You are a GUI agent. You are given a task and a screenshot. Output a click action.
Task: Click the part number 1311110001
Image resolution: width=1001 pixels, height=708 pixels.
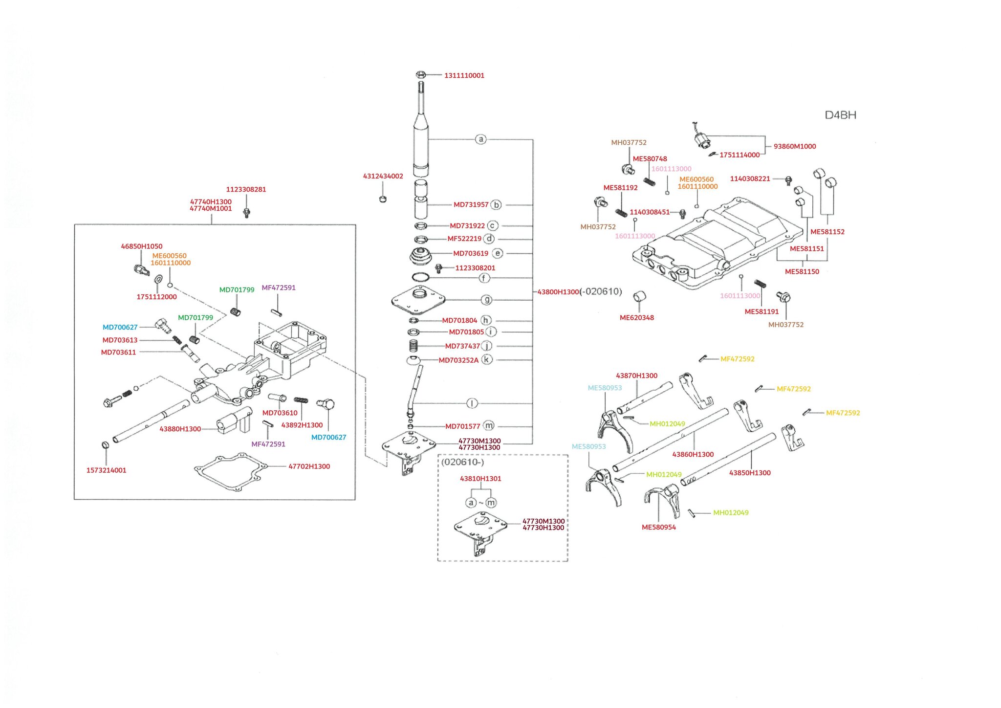[x=464, y=75]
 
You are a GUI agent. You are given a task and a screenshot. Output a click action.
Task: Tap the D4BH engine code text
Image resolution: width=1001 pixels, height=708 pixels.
[x=840, y=115]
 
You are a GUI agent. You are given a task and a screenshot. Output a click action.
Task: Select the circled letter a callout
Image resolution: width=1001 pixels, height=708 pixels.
[x=481, y=139]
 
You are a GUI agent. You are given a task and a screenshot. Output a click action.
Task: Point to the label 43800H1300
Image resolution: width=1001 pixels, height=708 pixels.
[x=558, y=292]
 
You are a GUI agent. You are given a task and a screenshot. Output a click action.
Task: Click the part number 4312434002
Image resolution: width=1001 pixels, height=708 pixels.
[x=383, y=176]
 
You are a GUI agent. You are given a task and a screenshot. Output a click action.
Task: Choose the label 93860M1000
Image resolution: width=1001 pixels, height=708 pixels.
[x=794, y=146]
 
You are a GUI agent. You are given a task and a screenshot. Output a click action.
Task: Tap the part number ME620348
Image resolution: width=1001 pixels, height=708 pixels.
[x=636, y=318]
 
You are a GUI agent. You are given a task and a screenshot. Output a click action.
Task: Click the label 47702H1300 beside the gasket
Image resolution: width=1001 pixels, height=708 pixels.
[x=309, y=466]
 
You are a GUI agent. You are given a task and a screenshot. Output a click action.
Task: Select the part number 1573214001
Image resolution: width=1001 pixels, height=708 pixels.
[x=106, y=470]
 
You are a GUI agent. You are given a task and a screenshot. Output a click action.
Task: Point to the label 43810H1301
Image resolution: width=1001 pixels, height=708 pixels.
[x=480, y=479]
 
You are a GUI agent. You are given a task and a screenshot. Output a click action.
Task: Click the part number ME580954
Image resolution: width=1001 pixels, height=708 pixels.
[x=658, y=527]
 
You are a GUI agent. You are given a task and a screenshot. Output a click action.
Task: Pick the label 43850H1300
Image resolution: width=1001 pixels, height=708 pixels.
[x=749, y=473]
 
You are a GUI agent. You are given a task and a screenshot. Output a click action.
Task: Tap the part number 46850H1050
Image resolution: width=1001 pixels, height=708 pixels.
[x=141, y=246]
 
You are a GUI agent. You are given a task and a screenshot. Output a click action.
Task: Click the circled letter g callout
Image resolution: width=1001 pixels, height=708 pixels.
[x=486, y=300]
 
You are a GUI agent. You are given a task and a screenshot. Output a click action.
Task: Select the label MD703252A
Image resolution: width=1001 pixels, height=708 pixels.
[x=458, y=360]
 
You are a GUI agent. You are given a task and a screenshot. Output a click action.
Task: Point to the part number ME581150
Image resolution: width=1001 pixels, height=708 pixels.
[x=802, y=272]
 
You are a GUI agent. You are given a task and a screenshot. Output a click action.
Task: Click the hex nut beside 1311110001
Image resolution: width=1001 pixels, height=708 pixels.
[x=420, y=75]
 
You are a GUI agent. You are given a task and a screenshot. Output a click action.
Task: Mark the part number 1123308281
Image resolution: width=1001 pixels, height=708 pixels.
[x=246, y=189]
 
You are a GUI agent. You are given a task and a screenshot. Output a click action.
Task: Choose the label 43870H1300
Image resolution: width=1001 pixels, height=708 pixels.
[x=636, y=376]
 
